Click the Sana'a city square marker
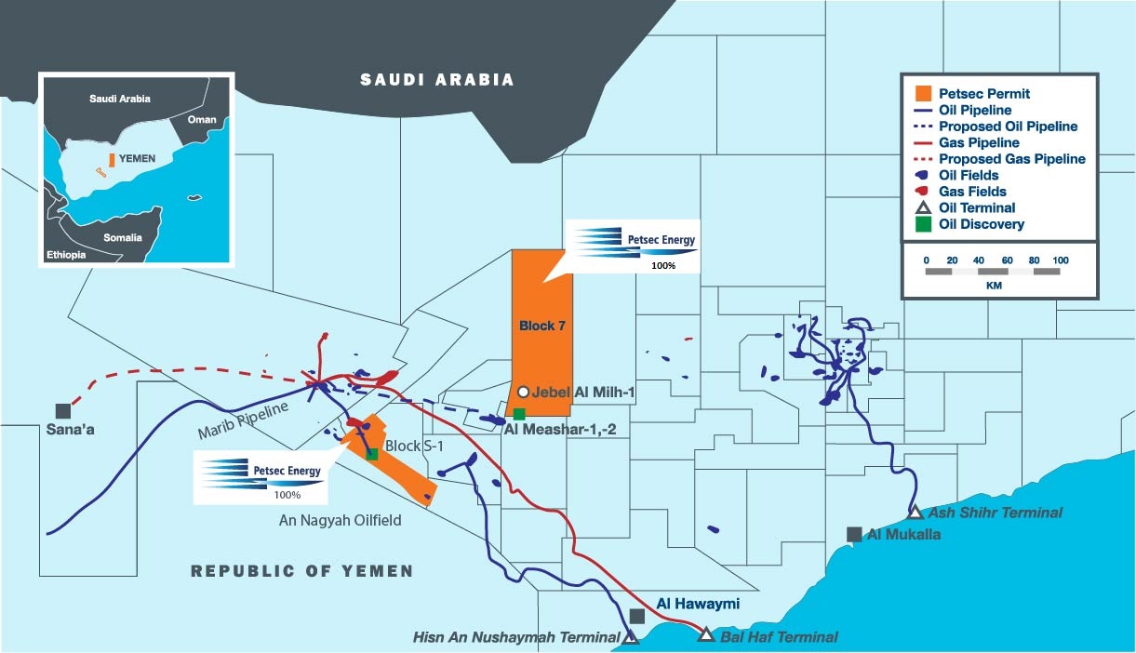point(63,410)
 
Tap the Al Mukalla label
point(903,535)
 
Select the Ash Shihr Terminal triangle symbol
point(915,512)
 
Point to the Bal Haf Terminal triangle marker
point(706,635)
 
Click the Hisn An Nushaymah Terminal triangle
point(631,637)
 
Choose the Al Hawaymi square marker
point(637,616)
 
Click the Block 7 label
point(542,326)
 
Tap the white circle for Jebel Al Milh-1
point(524,393)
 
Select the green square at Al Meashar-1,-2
point(519,413)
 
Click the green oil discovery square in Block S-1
point(372,454)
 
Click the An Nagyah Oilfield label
point(341,521)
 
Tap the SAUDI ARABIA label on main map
point(437,80)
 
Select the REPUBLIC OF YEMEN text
point(301,571)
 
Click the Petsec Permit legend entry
point(983,94)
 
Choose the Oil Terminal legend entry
point(977,207)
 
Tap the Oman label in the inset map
point(201,119)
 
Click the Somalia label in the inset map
point(123,237)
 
